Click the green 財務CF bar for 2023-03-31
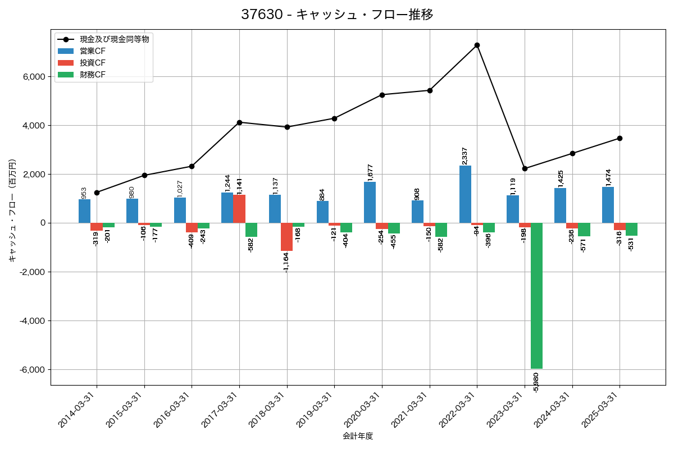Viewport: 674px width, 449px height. coord(536,296)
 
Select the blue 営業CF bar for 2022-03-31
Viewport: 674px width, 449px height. coord(465,194)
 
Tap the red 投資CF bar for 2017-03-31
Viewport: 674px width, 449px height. coord(239,209)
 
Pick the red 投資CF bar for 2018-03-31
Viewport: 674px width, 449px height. coord(287,237)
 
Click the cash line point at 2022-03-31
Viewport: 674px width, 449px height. coord(477,45)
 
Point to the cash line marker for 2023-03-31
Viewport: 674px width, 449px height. coord(525,168)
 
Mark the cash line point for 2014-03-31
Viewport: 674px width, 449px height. coord(97,193)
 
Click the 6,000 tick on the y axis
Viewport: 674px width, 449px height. coord(34,77)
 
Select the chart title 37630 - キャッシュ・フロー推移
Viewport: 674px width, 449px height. coord(337,15)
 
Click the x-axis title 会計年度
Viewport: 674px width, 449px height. coord(358,436)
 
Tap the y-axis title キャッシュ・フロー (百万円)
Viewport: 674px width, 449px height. coord(12,210)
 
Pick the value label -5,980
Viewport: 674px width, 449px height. coord(536,382)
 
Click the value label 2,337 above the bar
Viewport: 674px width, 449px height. coord(464,155)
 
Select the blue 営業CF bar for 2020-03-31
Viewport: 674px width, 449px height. coord(370,202)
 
